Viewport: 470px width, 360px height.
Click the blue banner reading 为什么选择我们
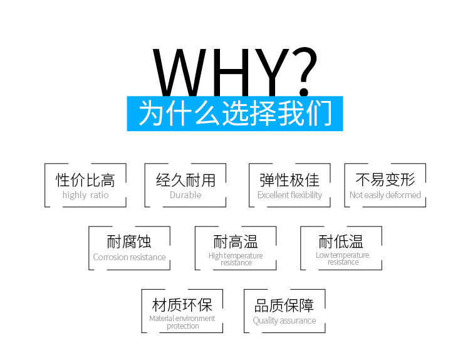(x=235, y=114)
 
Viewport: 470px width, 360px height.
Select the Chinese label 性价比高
(x=85, y=180)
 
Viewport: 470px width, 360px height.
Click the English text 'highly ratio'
(x=85, y=195)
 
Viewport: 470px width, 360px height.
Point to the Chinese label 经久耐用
(x=185, y=180)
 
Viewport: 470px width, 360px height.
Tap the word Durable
(x=185, y=195)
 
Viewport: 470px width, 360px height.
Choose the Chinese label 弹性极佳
(x=290, y=180)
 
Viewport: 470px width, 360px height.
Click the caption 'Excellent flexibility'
(x=290, y=195)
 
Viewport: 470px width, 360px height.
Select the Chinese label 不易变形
(x=385, y=180)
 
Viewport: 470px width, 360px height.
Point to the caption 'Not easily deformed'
(x=385, y=195)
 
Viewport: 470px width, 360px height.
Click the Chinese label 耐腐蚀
(x=129, y=241)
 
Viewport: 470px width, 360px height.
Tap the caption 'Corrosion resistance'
(x=129, y=257)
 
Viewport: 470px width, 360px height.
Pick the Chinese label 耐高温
(x=236, y=241)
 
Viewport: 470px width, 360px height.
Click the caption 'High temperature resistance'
(x=236, y=259)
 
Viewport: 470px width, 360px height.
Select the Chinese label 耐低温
(x=342, y=241)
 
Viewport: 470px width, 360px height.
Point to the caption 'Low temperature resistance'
(x=342, y=258)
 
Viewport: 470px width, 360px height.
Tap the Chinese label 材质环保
(x=182, y=305)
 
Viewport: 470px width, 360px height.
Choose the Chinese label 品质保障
(x=285, y=305)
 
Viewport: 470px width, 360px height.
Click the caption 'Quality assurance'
(x=285, y=320)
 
